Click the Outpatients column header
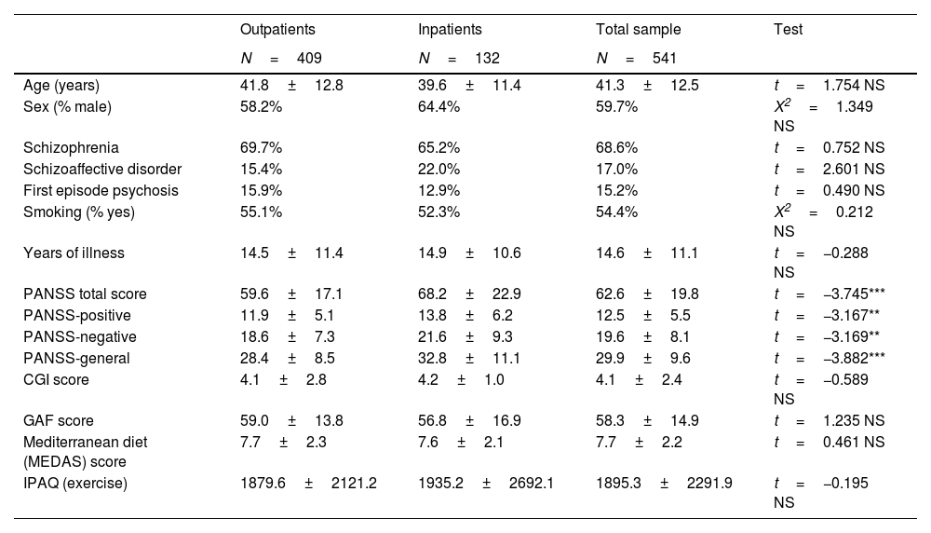point(277,30)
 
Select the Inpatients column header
point(450,30)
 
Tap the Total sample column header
point(639,30)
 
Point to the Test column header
point(788,29)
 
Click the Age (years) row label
point(61,86)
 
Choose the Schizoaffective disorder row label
point(102,170)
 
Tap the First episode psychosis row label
point(101,191)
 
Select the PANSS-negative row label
point(79,337)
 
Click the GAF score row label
point(58,420)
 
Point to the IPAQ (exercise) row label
point(74,483)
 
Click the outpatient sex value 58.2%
point(261,107)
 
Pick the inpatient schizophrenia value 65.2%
point(439,148)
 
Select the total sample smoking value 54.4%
point(617,212)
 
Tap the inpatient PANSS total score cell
point(469,294)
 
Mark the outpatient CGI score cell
point(283,379)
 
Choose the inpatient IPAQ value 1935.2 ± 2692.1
point(486,483)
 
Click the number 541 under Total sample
point(665,58)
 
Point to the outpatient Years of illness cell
point(291,253)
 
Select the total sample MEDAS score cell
point(639,442)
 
